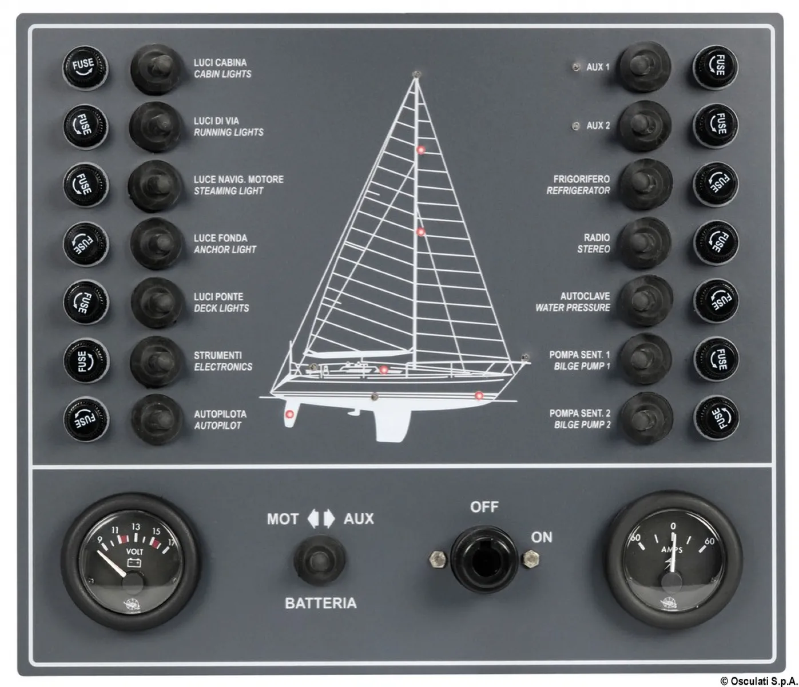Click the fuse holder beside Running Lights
[85, 127]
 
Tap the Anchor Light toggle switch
[156, 244]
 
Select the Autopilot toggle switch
[157, 419]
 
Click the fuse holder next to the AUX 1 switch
[715, 68]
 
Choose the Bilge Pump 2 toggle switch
[646, 418]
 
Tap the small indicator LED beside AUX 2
[576, 126]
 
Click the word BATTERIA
[320, 603]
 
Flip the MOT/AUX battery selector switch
[319, 560]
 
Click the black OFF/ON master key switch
[484, 559]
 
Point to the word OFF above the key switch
[484, 507]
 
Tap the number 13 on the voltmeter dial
[136, 527]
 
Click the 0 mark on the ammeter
[673, 526]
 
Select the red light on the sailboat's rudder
[289, 414]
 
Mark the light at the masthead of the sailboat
[416, 74]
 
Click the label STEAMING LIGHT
[228, 191]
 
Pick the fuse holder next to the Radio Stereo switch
[716, 242]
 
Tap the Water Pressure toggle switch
[646, 301]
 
